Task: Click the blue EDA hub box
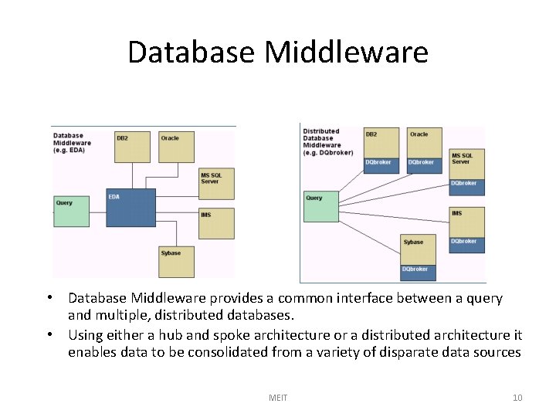click(x=131, y=207)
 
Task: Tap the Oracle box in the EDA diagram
click(x=176, y=146)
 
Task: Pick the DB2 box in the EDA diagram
click(x=132, y=146)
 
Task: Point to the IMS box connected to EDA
click(x=216, y=223)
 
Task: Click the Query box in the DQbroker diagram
click(x=321, y=205)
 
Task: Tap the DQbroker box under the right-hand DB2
click(x=381, y=165)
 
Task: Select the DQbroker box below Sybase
click(x=418, y=272)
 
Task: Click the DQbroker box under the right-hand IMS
click(x=466, y=244)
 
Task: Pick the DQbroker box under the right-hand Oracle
click(x=424, y=165)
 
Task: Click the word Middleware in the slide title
click(x=346, y=52)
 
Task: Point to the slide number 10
click(x=517, y=398)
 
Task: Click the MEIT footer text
click(x=278, y=398)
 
